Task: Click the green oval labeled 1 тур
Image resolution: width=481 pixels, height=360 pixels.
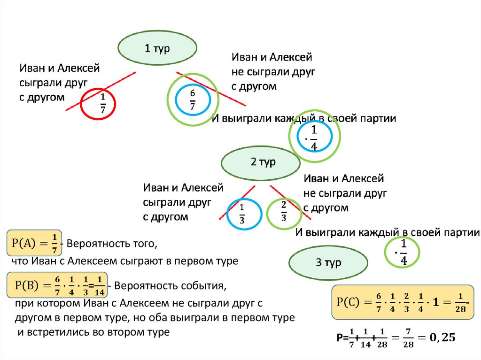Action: coord(157,49)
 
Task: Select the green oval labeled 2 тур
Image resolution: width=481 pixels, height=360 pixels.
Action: coord(261,162)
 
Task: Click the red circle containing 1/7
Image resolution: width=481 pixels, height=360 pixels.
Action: coord(101,104)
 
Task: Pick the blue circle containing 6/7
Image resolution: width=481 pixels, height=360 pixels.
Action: coord(192,100)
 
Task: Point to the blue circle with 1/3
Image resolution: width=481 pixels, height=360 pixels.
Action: coord(244,214)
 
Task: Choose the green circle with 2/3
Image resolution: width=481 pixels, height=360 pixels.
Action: coord(283,214)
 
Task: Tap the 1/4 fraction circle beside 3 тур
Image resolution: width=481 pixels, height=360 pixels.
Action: coord(402,253)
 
